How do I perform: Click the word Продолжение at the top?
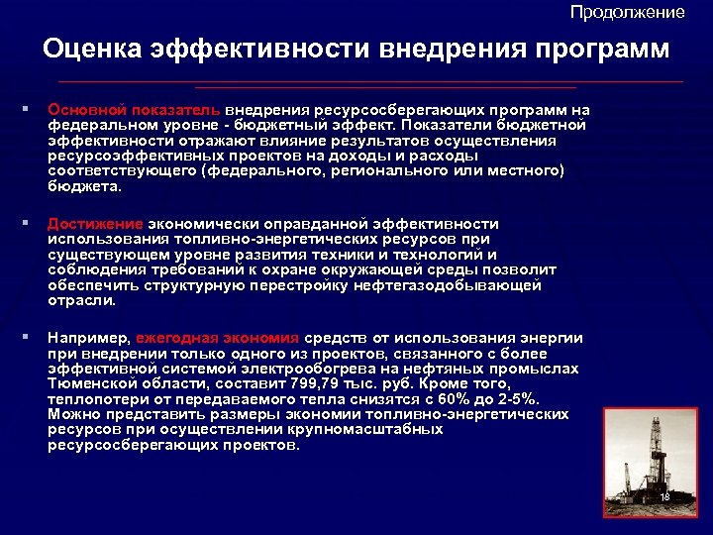(x=627, y=12)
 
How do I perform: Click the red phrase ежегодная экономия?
(x=218, y=337)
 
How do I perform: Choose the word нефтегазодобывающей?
(x=463, y=285)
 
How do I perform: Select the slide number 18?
(x=664, y=495)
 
